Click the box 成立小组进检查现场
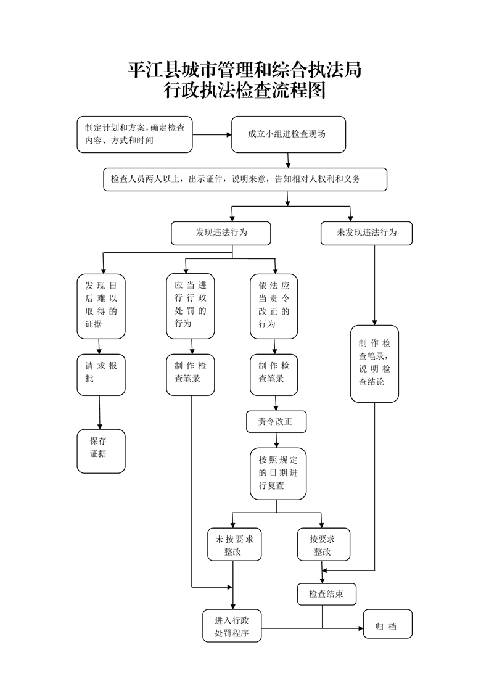[288, 134]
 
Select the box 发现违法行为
[221, 233]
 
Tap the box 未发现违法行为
[366, 233]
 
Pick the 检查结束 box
[326, 594]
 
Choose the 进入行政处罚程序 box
[232, 625]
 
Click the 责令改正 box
[276, 422]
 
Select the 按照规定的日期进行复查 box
[277, 474]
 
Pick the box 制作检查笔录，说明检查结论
[374, 363]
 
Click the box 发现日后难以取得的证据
[101, 306]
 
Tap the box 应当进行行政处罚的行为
[191, 306]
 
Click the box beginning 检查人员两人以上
[244, 179]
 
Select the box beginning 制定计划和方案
[134, 134]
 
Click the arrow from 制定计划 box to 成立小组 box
[212, 134]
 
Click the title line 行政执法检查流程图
[244, 91]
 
